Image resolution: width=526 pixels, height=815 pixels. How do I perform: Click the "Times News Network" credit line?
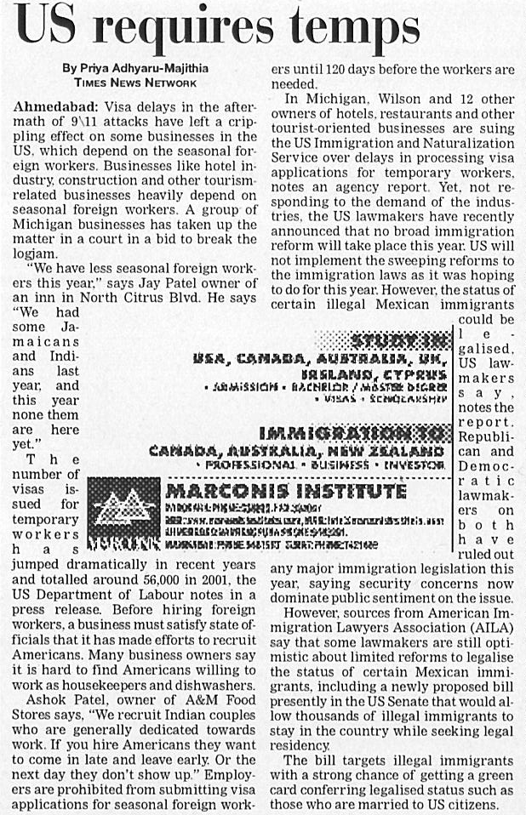tap(135, 83)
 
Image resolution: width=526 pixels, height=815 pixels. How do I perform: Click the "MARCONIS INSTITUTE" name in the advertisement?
tap(285, 492)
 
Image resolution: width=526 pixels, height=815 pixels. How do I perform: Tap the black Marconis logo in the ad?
tap(124, 507)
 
